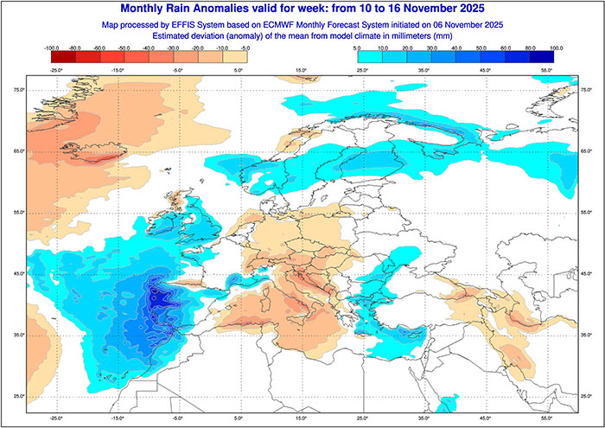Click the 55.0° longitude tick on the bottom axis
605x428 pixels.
click(x=544, y=416)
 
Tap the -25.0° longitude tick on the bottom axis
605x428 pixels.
click(x=58, y=416)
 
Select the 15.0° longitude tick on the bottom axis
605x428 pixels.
click(x=302, y=416)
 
